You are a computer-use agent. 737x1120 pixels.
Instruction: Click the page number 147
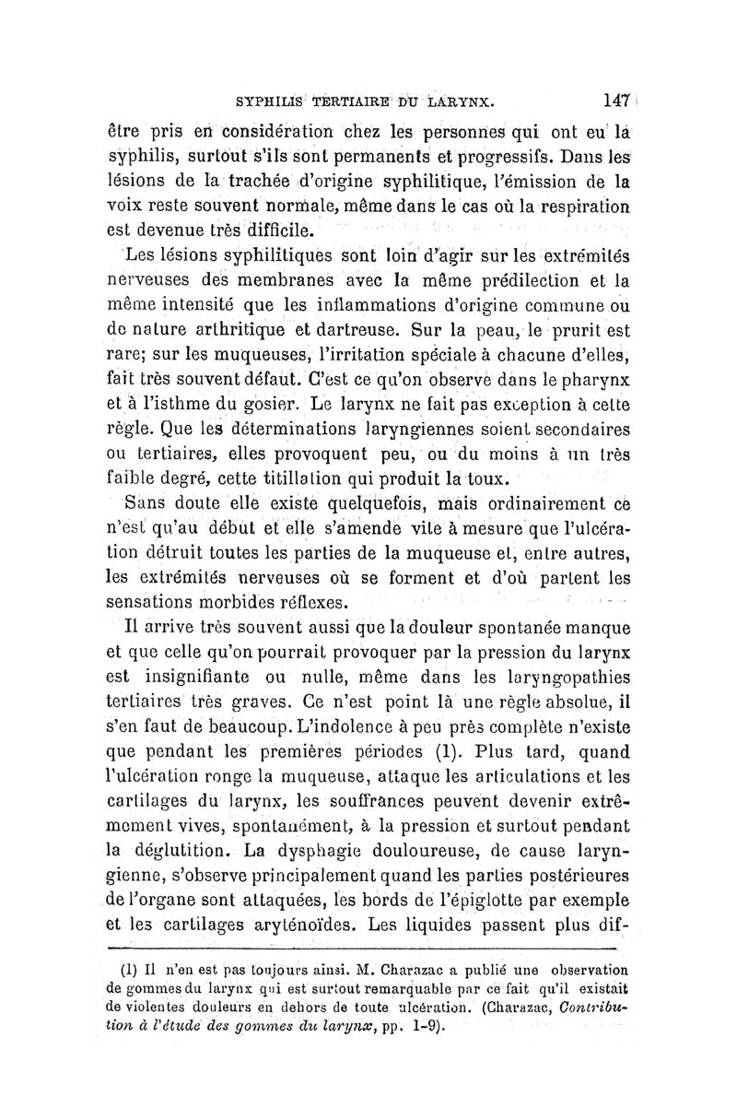tap(609, 97)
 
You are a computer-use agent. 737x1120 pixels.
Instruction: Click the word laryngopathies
tap(557, 678)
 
